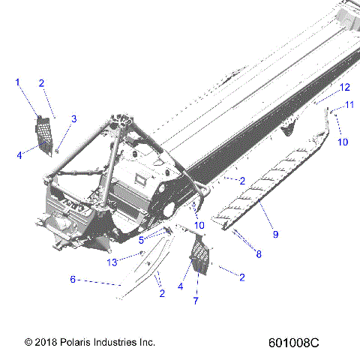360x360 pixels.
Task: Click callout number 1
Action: pos(19,82)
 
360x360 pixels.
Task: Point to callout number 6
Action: pos(73,279)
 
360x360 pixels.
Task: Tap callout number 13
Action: pos(112,262)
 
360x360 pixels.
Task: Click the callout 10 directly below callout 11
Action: pos(343,141)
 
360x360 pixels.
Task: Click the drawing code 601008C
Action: pos(293,342)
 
